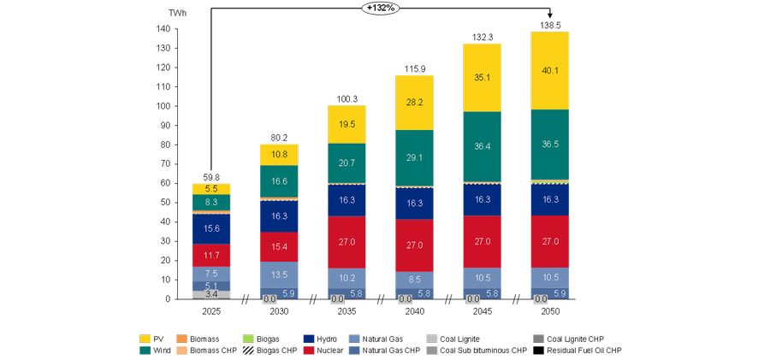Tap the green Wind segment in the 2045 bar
(482, 146)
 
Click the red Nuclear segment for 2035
(346, 242)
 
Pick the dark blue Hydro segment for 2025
(210, 228)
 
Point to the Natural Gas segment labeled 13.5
(279, 274)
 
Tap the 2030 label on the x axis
(279, 312)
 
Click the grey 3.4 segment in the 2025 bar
(210, 294)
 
